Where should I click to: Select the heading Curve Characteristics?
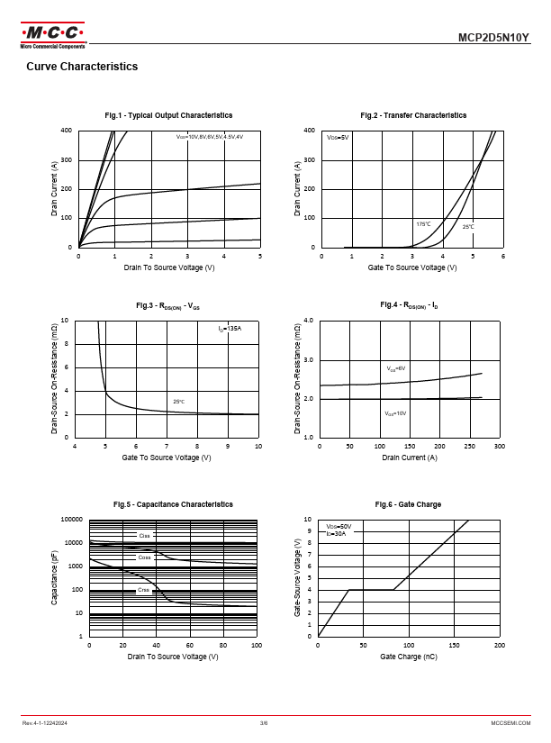[82, 67]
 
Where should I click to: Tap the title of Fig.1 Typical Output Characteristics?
[168, 115]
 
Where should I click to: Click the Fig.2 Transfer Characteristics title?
[413, 115]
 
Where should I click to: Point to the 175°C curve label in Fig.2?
[423, 223]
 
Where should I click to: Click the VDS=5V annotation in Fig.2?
[338, 137]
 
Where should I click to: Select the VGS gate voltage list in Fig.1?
[210, 136]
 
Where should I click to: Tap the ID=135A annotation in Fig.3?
[230, 330]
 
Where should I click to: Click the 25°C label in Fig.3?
[178, 402]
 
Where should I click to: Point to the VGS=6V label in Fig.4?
[396, 368]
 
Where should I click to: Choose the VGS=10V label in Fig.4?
[395, 412]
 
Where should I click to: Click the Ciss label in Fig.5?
[144, 536]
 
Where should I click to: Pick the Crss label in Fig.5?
[143, 590]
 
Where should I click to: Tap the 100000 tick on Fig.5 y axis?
[71, 520]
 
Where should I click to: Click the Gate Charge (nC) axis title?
[409, 657]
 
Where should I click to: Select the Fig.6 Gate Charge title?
[408, 504]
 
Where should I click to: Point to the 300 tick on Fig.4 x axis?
[500, 446]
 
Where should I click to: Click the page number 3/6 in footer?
[264, 723]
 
